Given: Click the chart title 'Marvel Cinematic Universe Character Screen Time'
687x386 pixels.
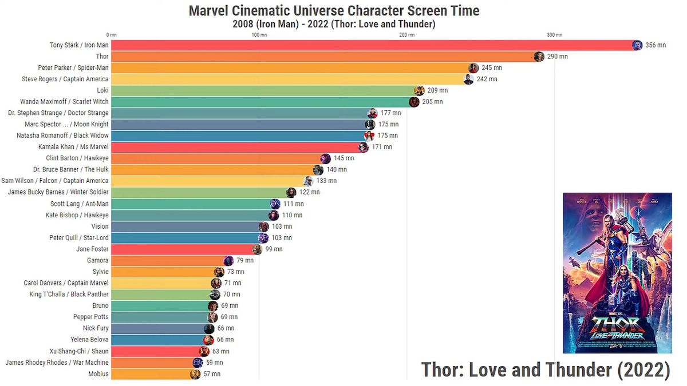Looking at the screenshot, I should click(334, 10).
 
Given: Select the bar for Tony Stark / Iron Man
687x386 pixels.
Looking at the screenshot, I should click(372, 45).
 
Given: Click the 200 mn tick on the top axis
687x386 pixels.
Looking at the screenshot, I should click(406, 35).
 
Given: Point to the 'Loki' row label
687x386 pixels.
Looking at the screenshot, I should click(102, 90).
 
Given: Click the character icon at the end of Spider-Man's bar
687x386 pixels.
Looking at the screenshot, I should click(473, 68).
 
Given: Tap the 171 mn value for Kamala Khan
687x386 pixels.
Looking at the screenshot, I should click(382, 147).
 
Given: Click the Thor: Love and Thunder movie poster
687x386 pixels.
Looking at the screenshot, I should click(617, 273).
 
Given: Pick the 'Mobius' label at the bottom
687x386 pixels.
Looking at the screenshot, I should click(98, 374).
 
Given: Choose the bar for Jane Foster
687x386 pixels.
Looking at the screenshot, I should click(183, 249).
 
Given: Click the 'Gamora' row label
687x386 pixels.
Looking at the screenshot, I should click(97, 260).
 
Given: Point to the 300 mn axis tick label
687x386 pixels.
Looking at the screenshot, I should click(554, 35).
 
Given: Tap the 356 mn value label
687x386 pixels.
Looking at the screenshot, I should click(656, 45).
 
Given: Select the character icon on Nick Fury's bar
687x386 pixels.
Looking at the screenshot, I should click(209, 328).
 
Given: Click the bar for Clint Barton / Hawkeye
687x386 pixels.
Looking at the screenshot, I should click(218, 158).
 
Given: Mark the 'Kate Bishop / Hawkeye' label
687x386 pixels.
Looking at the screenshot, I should click(77, 215).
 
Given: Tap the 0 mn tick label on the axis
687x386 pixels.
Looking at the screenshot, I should click(111, 35).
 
